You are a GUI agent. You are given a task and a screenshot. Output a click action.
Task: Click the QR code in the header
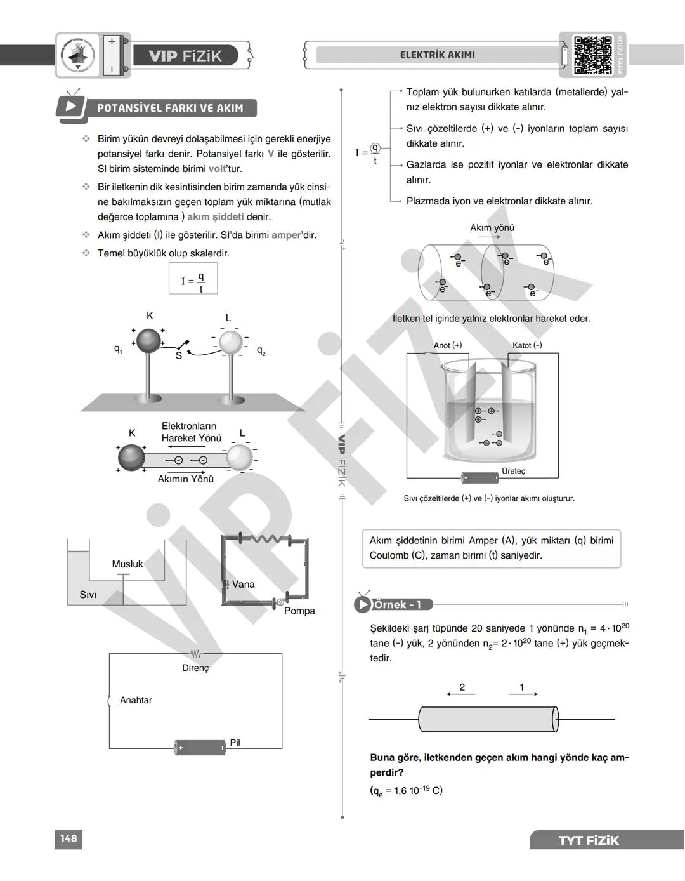coord(593,55)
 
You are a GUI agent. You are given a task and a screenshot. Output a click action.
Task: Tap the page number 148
coord(68,838)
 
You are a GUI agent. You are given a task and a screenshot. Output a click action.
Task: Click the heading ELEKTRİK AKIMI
coord(437,55)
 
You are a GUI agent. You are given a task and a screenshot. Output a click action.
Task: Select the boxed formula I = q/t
coord(193,279)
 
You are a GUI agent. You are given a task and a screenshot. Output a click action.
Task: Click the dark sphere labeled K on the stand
coord(149,340)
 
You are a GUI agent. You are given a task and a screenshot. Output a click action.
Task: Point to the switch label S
coord(178,355)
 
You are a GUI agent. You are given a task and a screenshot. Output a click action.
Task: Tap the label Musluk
coord(127,564)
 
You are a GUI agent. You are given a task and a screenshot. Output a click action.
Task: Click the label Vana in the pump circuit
coord(243,584)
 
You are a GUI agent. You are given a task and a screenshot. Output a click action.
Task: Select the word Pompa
coord(299,611)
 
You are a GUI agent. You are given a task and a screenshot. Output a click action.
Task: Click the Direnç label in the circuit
coord(195,668)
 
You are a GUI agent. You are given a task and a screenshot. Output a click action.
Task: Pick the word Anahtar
coord(136,700)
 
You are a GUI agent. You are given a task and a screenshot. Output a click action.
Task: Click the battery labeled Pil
coord(200,747)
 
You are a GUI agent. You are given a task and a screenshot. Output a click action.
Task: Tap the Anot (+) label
coord(448,345)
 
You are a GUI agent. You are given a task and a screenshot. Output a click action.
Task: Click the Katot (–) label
coord(527,345)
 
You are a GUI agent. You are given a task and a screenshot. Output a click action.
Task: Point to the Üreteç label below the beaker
coord(513,471)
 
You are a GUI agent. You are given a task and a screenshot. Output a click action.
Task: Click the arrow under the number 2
coord(460,694)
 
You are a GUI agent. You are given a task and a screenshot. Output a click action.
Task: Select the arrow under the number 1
coord(523,694)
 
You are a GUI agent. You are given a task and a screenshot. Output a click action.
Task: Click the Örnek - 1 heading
coord(396,604)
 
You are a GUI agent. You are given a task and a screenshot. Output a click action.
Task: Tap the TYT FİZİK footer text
coord(588,840)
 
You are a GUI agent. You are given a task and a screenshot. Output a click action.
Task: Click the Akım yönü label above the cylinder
coord(492,227)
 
